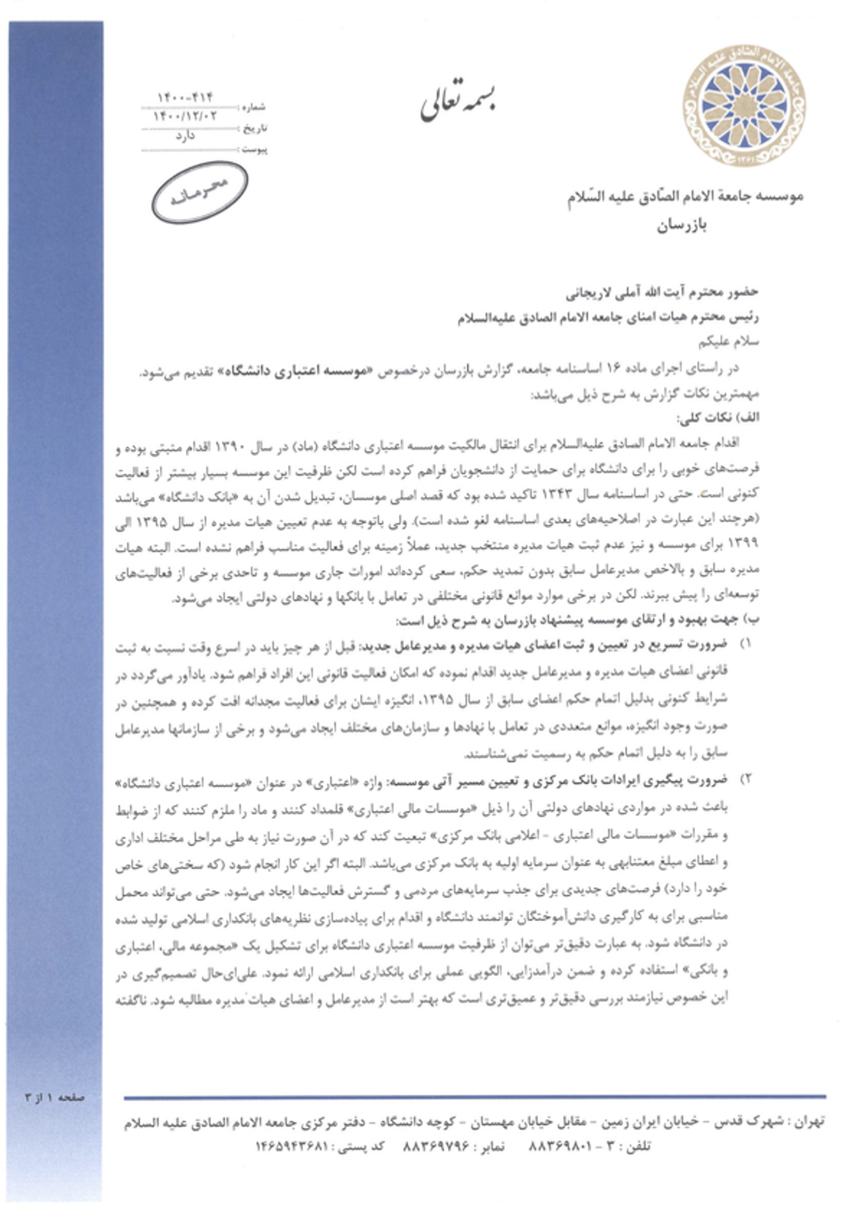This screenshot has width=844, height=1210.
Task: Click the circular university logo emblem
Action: click(x=744, y=105)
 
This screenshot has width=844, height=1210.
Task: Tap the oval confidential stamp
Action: click(x=199, y=193)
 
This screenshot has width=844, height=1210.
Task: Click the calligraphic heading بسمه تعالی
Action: click(x=458, y=103)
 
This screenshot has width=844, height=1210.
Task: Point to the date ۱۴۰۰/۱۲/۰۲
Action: click(x=185, y=116)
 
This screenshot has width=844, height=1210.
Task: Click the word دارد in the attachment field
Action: click(x=185, y=136)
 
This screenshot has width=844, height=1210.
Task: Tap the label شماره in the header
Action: click(x=254, y=107)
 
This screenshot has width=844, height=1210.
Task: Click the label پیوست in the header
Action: click(x=254, y=150)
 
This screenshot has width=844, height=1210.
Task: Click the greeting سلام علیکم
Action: click(x=728, y=342)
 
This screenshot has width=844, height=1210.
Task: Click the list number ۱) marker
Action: click(x=745, y=645)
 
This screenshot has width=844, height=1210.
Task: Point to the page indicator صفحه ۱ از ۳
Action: click(x=55, y=1097)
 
